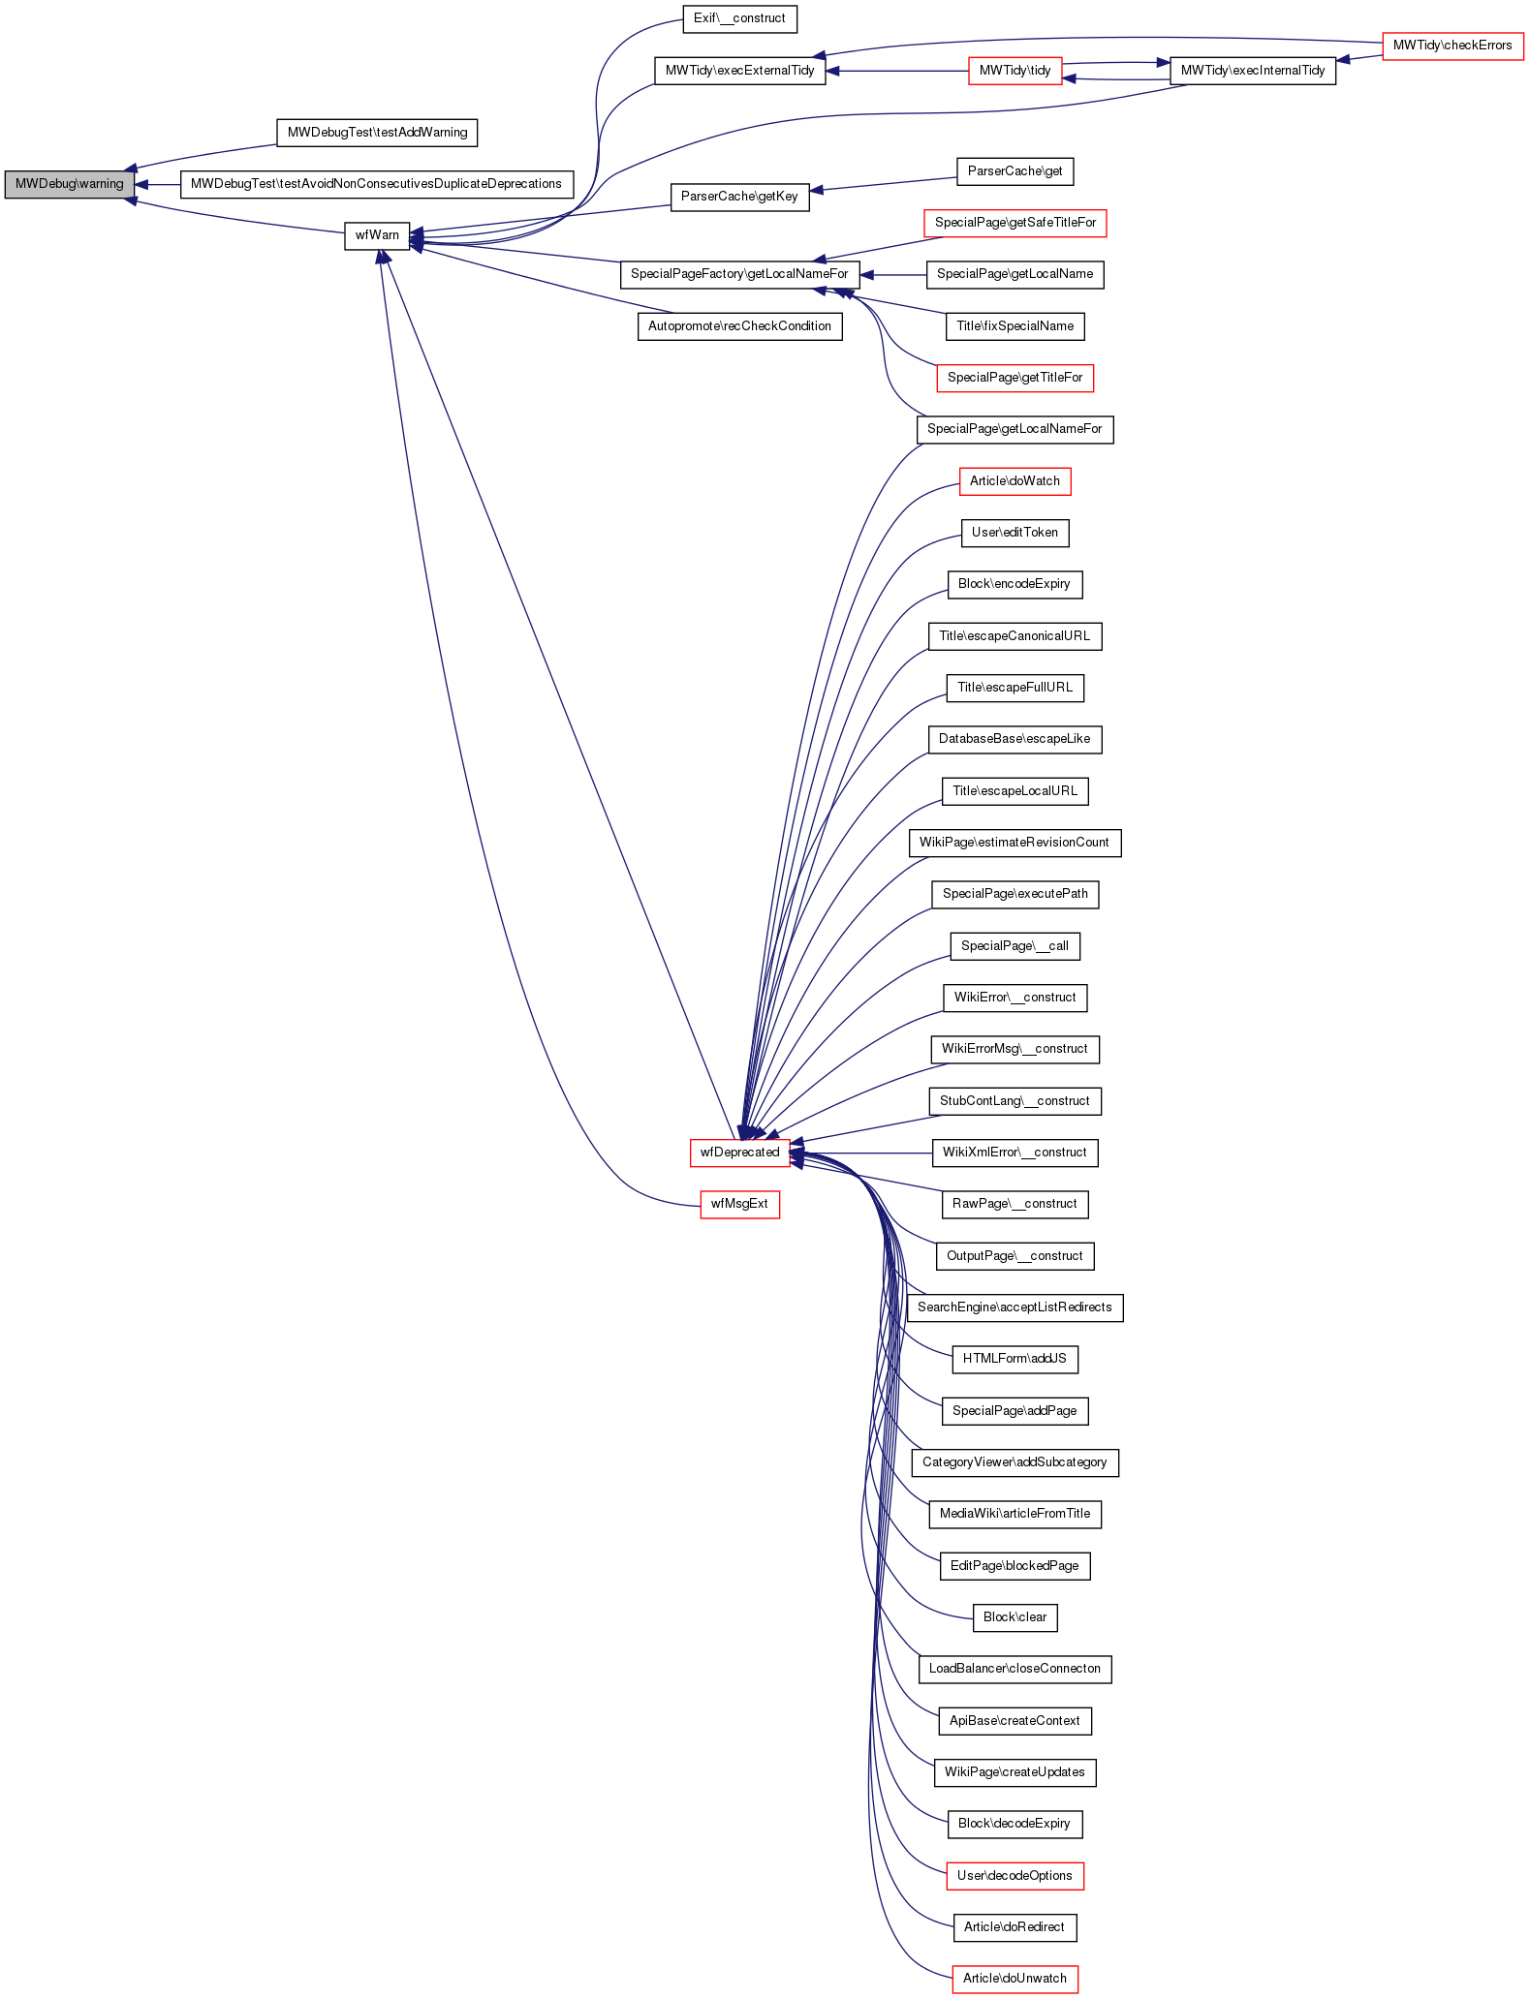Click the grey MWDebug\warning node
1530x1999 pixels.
pyautogui.click(x=69, y=184)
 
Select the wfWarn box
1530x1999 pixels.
pyautogui.click(x=377, y=235)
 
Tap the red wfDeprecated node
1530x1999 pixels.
pyautogui.click(x=739, y=1153)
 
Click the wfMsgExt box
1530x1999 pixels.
pyautogui.click(x=739, y=1204)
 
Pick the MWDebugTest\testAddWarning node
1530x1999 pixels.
pyautogui.click(x=377, y=133)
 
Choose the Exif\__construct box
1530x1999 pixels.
pyautogui.click(x=739, y=18)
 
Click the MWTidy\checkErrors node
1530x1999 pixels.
pyautogui.click(x=1452, y=46)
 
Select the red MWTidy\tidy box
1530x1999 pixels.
pyautogui.click(x=1015, y=71)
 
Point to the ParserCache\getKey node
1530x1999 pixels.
pyautogui.click(x=739, y=197)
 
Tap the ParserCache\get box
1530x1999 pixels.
pyautogui.click(x=1015, y=171)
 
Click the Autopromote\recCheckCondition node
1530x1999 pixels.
pyautogui.click(x=739, y=326)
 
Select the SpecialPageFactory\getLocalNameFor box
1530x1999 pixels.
pyautogui.click(x=739, y=274)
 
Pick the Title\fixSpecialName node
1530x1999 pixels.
pyautogui.click(x=1015, y=326)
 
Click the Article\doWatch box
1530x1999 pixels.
pyautogui.click(x=1015, y=481)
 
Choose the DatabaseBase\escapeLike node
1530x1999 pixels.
pyautogui.click(x=1015, y=739)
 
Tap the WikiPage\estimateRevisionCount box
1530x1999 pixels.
pyautogui.click(x=1015, y=843)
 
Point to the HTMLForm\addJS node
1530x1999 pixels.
pyautogui.click(x=1015, y=1359)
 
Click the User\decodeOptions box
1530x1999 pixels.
pyautogui.click(x=1015, y=1876)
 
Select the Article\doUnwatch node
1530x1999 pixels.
pyautogui.click(x=1015, y=1979)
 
